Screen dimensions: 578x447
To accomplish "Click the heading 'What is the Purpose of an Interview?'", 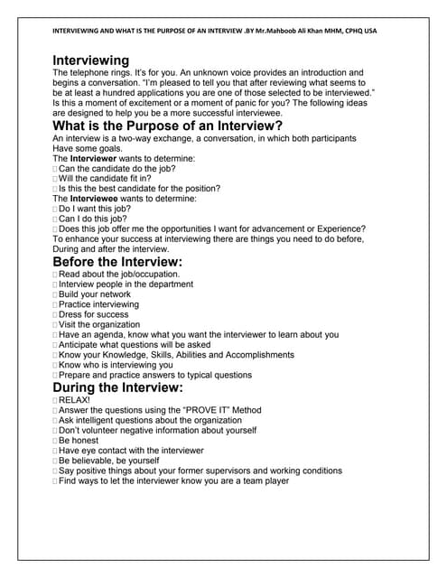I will tap(168, 127).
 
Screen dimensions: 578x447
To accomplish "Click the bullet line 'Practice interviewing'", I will tap(99, 304).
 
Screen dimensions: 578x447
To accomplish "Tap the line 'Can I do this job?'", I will tap(93, 218).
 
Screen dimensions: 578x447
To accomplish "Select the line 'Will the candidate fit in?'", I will tap(105, 178).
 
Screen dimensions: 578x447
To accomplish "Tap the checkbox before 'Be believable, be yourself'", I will tap(55, 461).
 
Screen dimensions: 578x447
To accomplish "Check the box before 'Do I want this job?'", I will tap(55, 209).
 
